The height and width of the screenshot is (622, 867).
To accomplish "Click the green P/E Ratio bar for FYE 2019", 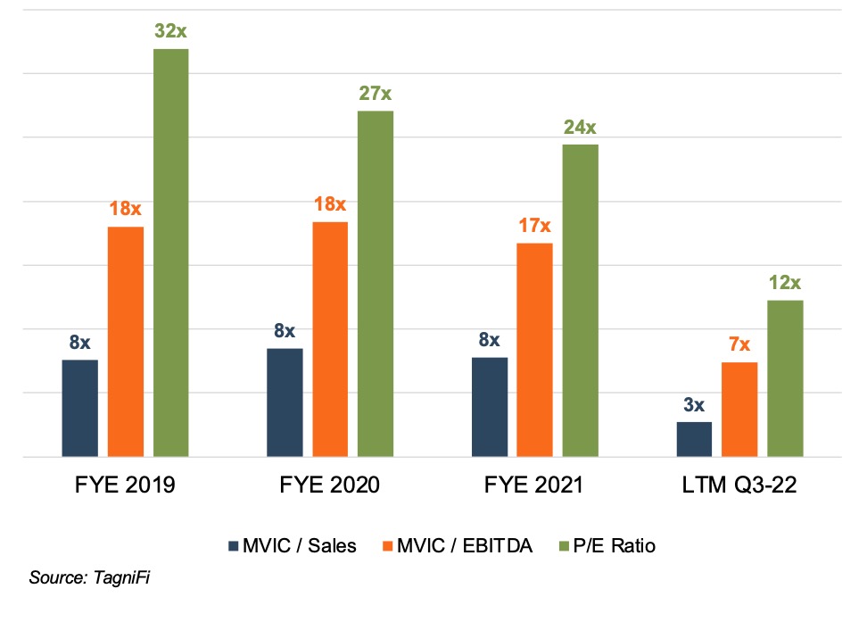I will (170, 253).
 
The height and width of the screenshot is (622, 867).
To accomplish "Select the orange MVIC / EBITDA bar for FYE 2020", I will (330, 339).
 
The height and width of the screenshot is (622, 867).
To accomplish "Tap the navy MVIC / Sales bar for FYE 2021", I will (490, 407).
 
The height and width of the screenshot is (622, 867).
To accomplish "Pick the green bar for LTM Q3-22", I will (785, 378).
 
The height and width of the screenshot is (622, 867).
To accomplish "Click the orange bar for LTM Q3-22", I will (739, 410).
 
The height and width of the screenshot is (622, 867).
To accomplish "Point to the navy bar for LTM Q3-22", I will (694, 439).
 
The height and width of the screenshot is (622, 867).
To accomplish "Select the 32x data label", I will (170, 30).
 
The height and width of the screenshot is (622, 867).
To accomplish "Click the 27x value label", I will (376, 93).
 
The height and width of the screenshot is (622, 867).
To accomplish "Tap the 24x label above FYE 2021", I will (580, 127).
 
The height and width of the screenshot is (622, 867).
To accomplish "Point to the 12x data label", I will (785, 283).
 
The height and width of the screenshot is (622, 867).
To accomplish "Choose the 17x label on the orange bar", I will (534, 225).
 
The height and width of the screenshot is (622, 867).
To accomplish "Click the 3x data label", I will (694, 404).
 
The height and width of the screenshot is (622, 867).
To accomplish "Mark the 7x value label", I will (739, 344).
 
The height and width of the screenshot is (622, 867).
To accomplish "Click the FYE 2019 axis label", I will (125, 485).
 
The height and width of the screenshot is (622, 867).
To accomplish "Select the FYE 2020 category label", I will (330, 485).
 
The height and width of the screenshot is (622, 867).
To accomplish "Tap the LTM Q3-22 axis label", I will (739, 485).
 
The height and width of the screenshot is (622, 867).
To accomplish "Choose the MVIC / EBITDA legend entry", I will (457, 546).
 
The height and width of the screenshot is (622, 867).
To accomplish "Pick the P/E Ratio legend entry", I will (610, 546).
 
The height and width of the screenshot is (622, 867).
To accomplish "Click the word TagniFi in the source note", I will (125, 578).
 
